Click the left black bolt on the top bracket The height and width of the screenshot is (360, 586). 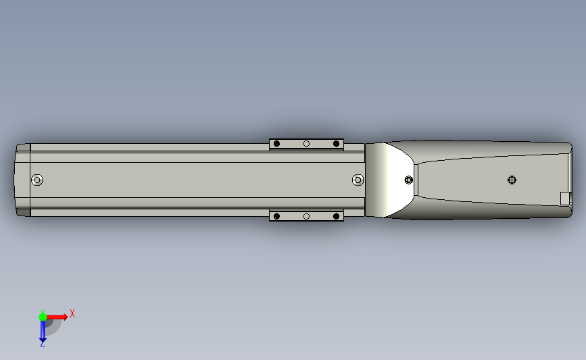pyautogui.click(x=276, y=144)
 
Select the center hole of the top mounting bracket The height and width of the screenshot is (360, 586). pyautogui.click(x=306, y=144)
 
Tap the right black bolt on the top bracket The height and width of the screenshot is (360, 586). pyautogui.click(x=336, y=144)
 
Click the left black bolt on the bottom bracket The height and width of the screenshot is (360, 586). pyautogui.click(x=276, y=216)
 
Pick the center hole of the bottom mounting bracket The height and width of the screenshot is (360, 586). pyautogui.click(x=306, y=216)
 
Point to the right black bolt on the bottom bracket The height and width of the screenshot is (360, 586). pyautogui.click(x=336, y=216)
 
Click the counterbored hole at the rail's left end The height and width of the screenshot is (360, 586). pyautogui.click(x=37, y=180)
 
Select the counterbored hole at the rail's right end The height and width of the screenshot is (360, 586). pyautogui.click(x=358, y=180)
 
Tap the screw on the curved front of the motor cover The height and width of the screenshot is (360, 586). pyautogui.click(x=408, y=180)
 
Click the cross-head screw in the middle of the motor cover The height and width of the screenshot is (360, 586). pyautogui.click(x=512, y=180)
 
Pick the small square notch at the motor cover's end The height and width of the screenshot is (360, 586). pyautogui.click(x=566, y=197)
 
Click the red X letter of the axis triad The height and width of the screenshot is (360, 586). pyautogui.click(x=72, y=313)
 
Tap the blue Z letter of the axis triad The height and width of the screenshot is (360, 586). pyautogui.click(x=42, y=344)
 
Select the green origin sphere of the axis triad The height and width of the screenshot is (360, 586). pyautogui.click(x=43, y=316)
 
